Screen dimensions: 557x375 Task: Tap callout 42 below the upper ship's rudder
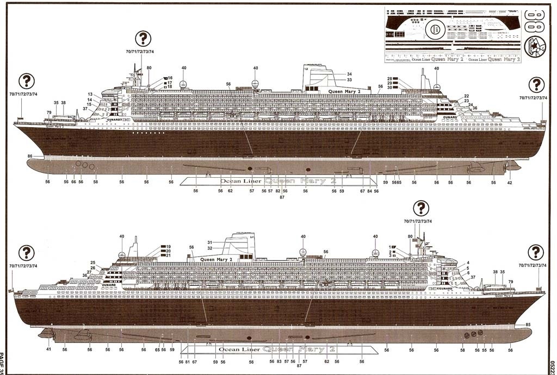(x=509, y=183)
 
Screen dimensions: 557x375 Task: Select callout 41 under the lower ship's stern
(x=48, y=349)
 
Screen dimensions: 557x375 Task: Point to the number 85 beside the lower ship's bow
(x=528, y=325)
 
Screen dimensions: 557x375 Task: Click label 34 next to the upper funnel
(x=349, y=74)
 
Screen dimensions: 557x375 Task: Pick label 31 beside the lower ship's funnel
(x=209, y=242)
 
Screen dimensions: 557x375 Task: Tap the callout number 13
(x=90, y=94)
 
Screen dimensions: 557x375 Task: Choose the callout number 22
(x=466, y=96)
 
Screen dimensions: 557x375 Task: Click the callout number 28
(x=389, y=79)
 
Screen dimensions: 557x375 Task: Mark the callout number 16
(x=170, y=78)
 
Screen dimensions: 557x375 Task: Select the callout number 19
(x=168, y=247)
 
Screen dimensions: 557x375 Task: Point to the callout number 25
(x=92, y=262)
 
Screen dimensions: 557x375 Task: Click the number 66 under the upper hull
(x=73, y=182)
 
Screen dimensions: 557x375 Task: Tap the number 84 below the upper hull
(x=369, y=191)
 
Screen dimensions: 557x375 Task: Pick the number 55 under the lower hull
(x=484, y=351)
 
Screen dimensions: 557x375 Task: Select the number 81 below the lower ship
(x=187, y=361)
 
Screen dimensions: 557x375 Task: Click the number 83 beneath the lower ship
(x=279, y=361)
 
